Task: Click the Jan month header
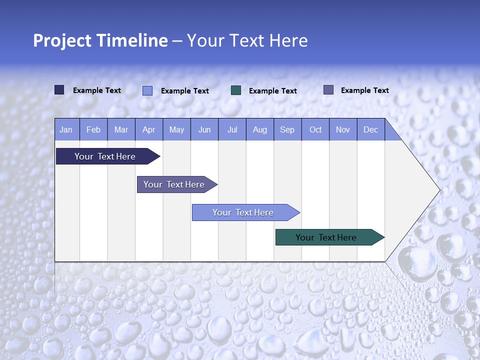(x=66, y=129)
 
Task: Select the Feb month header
(x=93, y=129)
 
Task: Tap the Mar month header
(x=121, y=129)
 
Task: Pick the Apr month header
(x=149, y=129)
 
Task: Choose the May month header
(x=176, y=129)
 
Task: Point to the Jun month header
(x=204, y=129)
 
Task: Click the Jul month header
(x=232, y=129)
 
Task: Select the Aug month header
(x=260, y=129)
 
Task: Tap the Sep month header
(x=287, y=129)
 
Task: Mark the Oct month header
(x=315, y=129)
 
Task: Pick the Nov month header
(x=343, y=129)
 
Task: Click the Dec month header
(x=371, y=129)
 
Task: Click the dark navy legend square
(x=59, y=90)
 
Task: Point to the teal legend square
(x=236, y=90)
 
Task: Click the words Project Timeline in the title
(x=100, y=40)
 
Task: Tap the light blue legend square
(x=147, y=90)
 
